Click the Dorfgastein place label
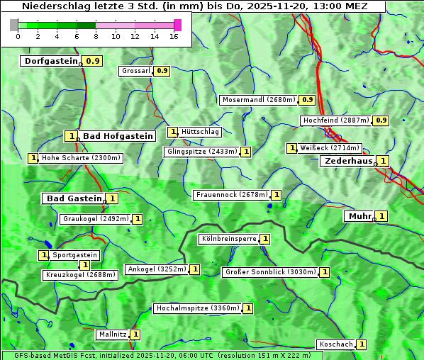[x=50, y=61]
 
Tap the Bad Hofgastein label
[x=117, y=136]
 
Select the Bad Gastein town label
[x=74, y=198]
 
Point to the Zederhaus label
[x=347, y=161]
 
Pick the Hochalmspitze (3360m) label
[x=197, y=309]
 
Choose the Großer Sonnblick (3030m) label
[x=269, y=272]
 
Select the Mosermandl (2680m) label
[x=259, y=100]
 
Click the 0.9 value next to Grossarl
[x=162, y=71]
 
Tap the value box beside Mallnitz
[x=135, y=334]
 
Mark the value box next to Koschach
[x=362, y=344]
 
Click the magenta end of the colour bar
[x=177, y=25]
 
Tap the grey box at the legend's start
[x=14, y=25]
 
